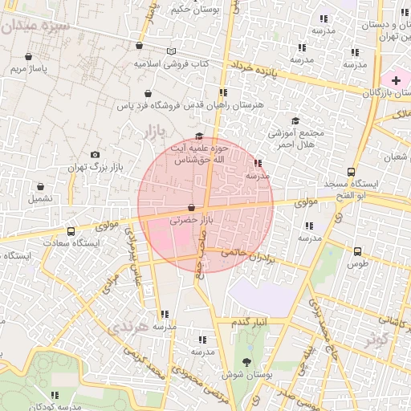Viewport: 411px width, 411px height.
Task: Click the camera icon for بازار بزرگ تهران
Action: [96, 154]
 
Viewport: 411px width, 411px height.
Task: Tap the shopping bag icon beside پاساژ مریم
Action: [29, 56]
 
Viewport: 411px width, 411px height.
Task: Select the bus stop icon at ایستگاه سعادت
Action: [71, 231]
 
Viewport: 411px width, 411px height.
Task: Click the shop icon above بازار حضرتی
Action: [190, 208]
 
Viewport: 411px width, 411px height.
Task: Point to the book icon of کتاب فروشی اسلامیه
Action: [170, 51]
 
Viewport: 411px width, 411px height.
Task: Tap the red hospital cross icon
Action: [396, 80]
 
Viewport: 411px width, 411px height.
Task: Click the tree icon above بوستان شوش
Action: [246, 362]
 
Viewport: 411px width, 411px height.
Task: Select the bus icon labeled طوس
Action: [357, 251]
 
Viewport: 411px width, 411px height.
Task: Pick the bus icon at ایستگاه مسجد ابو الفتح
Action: [351, 172]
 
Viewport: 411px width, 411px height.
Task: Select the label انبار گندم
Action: [249, 321]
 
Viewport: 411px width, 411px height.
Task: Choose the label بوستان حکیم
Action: [193, 10]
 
